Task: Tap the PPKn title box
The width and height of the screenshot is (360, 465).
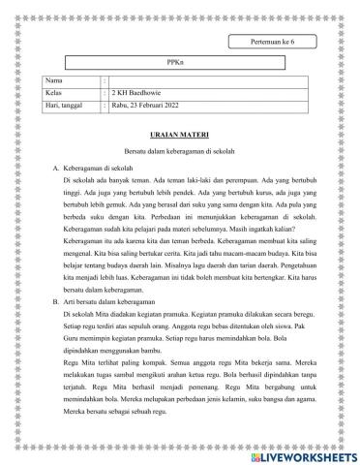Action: [173, 61]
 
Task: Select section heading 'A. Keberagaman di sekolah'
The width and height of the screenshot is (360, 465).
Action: [98, 169]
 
